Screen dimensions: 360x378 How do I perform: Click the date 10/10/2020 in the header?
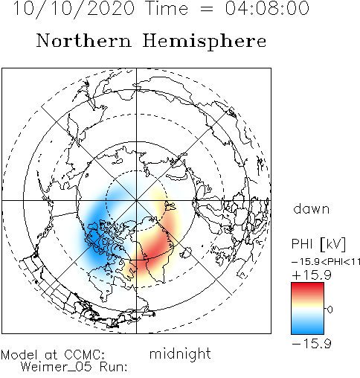(x=74, y=9)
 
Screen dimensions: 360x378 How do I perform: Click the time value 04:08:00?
(x=267, y=8)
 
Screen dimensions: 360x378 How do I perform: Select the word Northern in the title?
(x=84, y=41)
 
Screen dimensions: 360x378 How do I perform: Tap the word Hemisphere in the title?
(x=205, y=41)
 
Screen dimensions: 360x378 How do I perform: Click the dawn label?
(x=312, y=209)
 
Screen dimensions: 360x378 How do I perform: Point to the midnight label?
(x=180, y=353)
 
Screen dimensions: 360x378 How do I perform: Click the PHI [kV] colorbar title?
(x=318, y=244)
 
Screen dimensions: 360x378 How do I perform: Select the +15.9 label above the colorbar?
(x=312, y=275)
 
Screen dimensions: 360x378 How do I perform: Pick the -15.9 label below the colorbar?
(x=312, y=344)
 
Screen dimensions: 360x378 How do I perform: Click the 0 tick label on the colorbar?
(x=330, y=310)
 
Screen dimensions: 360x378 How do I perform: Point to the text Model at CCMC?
(x=53, y=355)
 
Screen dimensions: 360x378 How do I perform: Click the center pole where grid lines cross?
(x=136, y=200)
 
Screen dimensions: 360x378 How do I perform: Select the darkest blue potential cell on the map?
(x=94, y=236)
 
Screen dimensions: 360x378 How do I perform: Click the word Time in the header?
(x=167, y=8)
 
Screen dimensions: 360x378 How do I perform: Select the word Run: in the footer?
(x=114, y=367)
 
